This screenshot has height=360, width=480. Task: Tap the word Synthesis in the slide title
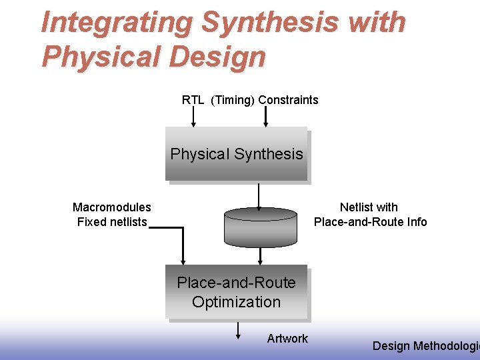[x=269, y=23]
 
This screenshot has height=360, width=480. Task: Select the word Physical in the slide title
[x=98, y=57]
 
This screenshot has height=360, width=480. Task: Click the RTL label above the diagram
[x=193, y=100]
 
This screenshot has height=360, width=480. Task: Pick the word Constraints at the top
[x=288, y=100]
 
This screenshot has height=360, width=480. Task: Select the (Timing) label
[x=233, y=100]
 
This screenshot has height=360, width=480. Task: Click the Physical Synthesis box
[x=236, y=154]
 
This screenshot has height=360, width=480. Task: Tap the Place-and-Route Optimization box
[x=236, y=293]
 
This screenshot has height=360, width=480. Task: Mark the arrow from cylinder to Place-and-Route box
[x=260, y=256]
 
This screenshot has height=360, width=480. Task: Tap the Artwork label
[x=287, y=339]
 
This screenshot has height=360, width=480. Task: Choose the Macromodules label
[x=111, y=207]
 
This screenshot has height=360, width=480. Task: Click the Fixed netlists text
[x=111, y=222]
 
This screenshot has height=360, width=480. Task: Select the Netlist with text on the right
[x=369, y=207]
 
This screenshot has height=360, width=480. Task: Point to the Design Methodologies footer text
[x=425, y=345]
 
